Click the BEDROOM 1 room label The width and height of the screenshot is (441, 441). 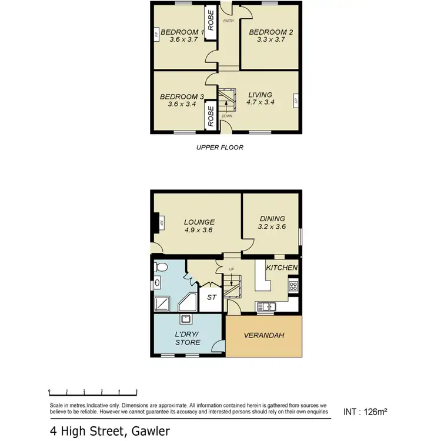[x=182, y=32]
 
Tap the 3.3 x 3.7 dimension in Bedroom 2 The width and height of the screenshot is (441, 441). [x=270, y=40]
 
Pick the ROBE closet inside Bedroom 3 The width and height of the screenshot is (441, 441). [x=210, y=115]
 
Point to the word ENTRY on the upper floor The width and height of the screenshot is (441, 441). [x=229, y=21]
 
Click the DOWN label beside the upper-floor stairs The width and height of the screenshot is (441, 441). [x=227, y=116]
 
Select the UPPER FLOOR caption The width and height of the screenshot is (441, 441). [x=219, y=148]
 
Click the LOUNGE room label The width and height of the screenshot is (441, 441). [x=199, y=222]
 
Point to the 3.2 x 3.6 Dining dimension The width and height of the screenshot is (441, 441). [x=272, y=226]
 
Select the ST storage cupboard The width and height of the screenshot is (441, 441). [x=211, y=298]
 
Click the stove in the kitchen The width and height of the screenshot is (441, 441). [x=292, y=286]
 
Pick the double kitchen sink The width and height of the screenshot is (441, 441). [x=267, y=306]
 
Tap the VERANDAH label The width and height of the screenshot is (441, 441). [x=265, y=335]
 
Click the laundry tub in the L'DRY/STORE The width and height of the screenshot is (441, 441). [x=185, y=320]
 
